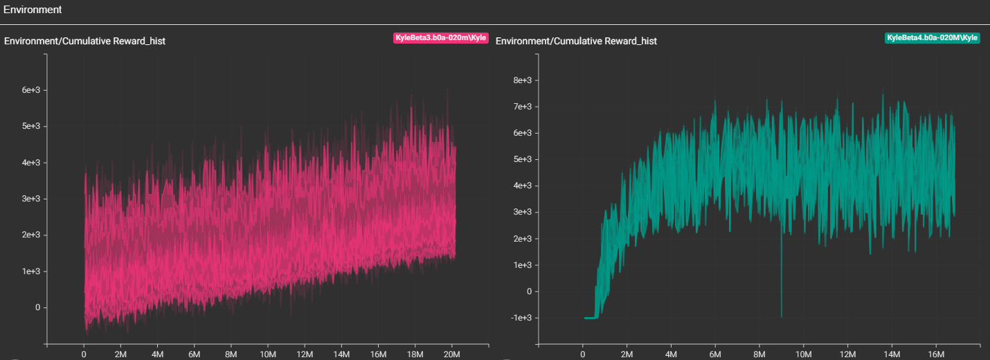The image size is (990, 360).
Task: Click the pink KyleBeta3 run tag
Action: point(440,37)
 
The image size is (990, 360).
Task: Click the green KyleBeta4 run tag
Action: point(932,37)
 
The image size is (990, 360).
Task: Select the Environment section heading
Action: point(33,10)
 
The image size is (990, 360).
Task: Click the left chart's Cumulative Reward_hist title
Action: point(84,41)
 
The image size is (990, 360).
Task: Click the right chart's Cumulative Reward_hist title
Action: point(576,41)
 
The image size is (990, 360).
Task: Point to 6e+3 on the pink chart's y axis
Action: point(32,90)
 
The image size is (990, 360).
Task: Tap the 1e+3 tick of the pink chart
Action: point(32,271)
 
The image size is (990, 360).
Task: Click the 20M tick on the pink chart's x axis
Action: point(451,354)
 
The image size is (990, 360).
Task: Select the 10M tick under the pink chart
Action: point(268,354)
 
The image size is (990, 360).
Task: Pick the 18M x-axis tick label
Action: point(415,354)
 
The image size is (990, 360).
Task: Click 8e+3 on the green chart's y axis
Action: point(522,80)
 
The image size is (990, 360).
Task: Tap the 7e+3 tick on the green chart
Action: point(522,107)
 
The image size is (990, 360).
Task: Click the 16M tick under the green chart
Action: point(935,354)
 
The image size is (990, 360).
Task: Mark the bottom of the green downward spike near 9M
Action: point(782,316)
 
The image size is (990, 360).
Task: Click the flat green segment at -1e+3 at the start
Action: point(590,318)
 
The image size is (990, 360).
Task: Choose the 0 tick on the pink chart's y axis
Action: point(38,307)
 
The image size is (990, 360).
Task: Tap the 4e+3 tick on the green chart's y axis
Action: point(522,186)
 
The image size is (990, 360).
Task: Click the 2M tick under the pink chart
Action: point(120,354)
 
